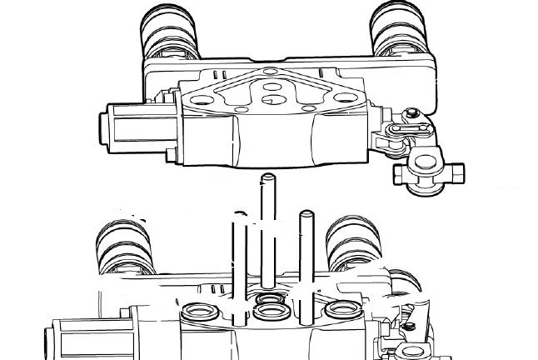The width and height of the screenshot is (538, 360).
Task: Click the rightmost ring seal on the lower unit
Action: pos(341,310)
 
